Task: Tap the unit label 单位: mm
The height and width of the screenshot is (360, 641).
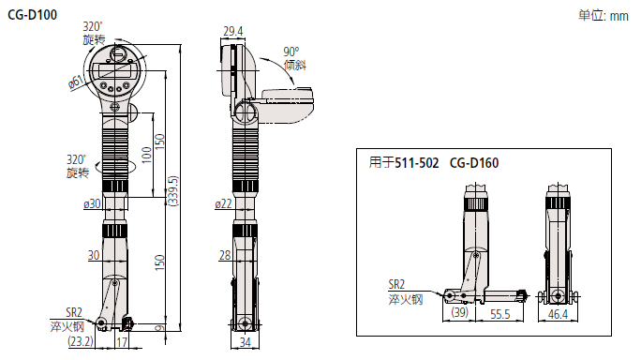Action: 604,15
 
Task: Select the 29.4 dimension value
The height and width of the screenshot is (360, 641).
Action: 232,32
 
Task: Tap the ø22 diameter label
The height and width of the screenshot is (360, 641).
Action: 224,203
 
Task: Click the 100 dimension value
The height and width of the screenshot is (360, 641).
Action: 146,151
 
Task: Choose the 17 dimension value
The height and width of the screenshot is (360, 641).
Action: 121,343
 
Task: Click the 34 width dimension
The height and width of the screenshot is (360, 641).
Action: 245,343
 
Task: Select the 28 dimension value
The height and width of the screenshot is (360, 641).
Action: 224,255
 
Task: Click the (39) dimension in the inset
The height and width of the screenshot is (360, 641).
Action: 459,311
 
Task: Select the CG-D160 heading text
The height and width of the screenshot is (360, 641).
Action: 473,163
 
